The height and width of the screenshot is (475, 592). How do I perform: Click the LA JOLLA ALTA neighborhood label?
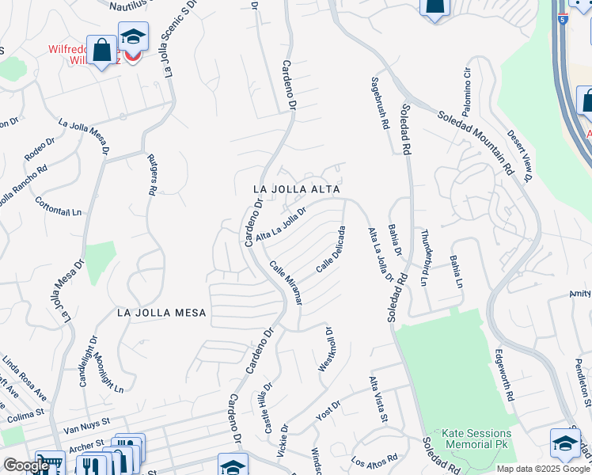pos(297,190)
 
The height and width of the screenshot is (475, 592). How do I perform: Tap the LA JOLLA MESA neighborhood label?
pos(161,313)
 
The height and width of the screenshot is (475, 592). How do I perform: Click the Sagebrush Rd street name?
pos(380,103)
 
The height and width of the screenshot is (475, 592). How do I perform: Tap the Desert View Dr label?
pos(518,154)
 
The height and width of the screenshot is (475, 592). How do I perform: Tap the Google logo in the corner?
pos(25,465)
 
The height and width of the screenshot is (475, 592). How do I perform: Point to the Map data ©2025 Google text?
pos(543,469)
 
